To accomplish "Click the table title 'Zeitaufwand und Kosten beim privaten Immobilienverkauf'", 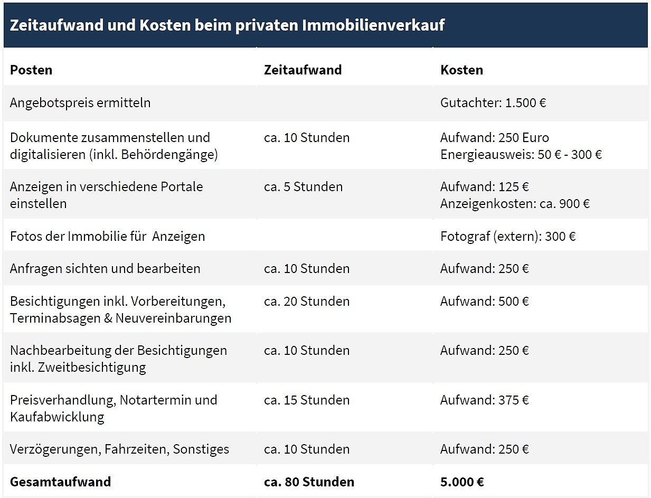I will (227, 25).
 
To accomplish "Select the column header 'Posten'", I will (31, 70).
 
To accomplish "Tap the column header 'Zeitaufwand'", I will (303, 70).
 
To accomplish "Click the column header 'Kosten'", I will (461, 70).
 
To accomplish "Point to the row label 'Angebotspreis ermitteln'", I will (80, 102).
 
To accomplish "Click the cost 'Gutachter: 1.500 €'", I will (493, 102).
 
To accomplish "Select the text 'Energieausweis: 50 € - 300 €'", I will (521, 154).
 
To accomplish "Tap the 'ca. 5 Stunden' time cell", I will (303, 186).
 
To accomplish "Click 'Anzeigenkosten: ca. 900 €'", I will (515, 203).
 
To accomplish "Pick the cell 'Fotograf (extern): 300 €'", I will (508, 236).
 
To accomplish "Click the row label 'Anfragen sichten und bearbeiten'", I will (105, 268).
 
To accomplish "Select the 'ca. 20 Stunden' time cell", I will (307, 301).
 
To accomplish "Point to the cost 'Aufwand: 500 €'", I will (485, 301).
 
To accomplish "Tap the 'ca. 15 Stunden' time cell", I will (307, 400).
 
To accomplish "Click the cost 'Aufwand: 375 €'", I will (485, 400).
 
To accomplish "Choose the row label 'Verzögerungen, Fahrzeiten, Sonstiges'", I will (119, 449).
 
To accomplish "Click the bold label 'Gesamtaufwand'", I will (60, 482).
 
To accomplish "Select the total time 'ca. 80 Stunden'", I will (309, 482).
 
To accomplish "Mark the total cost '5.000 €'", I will (462, 482).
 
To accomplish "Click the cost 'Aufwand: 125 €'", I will (485, 186).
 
